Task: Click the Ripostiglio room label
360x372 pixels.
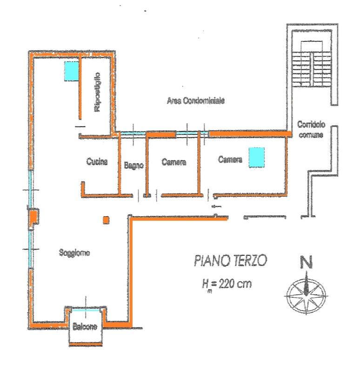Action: click(97, 92)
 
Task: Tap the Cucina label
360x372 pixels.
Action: click(97, 161)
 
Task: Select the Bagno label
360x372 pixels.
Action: click(134, 165)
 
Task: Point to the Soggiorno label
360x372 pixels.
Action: click(74, 252)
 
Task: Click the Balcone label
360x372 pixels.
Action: click(85, 327)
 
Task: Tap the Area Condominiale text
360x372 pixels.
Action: click(196, 101)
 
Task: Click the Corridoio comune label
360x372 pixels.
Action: click(311, 130)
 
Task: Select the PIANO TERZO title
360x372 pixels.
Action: click(230, 260)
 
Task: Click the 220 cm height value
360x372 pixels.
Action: click(235, 284)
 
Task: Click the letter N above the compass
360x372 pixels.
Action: click(306, 262)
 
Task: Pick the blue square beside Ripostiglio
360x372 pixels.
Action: click(72, 71)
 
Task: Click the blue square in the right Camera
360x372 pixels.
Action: click(257, 157)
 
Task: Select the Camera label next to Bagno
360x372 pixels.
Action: click(173, 162)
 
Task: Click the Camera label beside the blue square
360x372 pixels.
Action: click(230, 159)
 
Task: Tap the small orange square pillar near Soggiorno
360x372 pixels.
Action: click(106, 220)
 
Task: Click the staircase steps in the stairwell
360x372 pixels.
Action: click(311, 69)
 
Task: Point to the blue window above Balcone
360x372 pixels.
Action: click(86, 310)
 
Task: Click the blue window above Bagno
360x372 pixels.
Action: click(133, 133)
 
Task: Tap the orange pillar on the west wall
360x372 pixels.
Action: click(33, 217)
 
